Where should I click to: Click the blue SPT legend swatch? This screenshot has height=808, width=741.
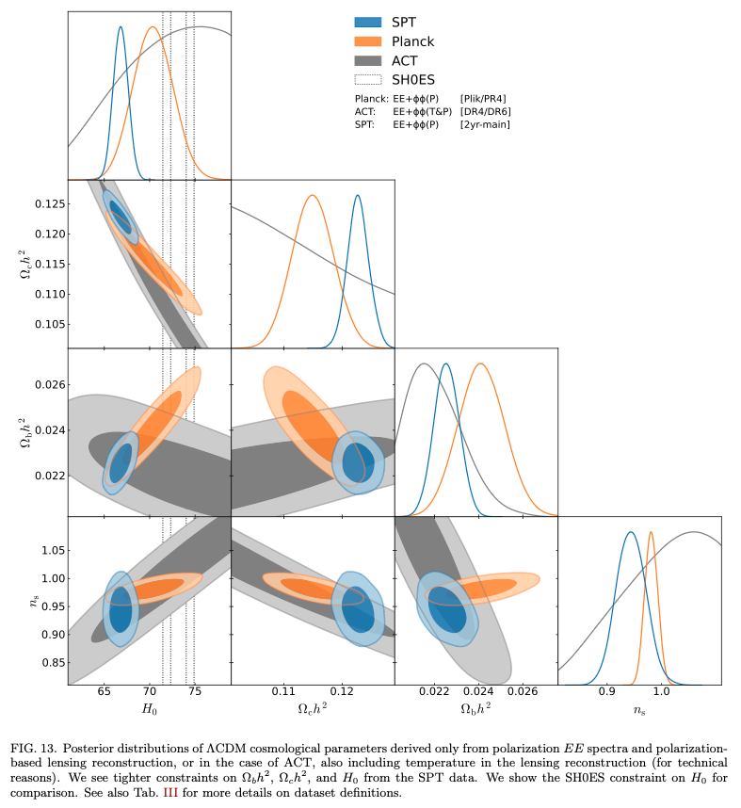367,22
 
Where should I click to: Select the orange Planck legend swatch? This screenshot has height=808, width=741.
367,41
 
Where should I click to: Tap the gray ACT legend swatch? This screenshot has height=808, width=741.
367,60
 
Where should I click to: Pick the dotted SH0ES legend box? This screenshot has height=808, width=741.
367,80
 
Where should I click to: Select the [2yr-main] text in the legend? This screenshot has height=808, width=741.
486,123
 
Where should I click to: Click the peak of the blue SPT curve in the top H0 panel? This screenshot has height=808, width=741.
121,26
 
